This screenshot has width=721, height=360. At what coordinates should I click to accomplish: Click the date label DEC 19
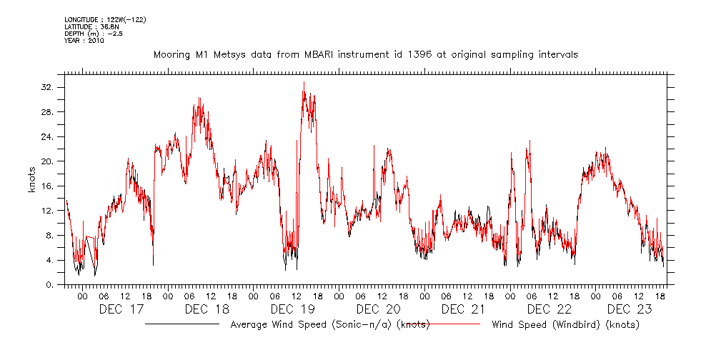coord(293,309)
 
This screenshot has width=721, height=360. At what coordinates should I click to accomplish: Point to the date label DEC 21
coord(464,309)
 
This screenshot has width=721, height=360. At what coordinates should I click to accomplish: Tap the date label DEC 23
coord(635,309)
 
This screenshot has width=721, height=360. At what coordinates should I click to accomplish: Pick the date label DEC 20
coord(379,309)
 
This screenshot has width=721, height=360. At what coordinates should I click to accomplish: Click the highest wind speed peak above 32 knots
coord(304,82)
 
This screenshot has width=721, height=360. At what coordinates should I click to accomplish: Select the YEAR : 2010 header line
coord(84,41)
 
